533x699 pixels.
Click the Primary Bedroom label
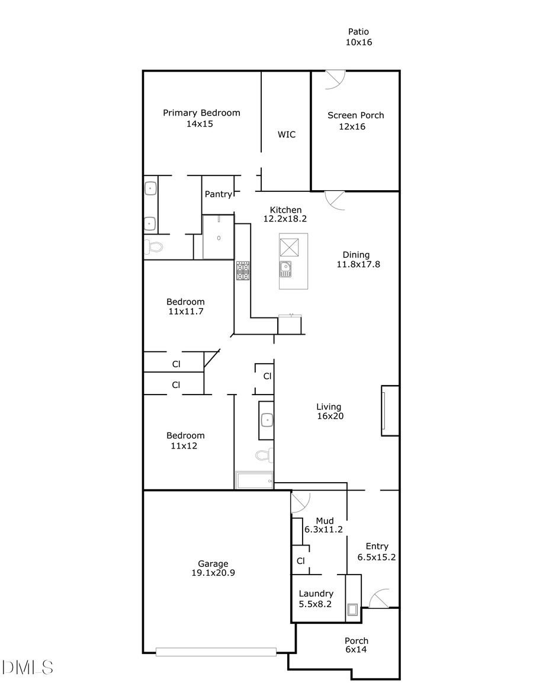click(201, 113)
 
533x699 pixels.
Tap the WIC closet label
click(287, 134)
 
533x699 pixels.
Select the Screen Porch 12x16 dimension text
click(352, 126)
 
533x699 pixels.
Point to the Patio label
click(358, 32)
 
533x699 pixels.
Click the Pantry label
click(218, 194)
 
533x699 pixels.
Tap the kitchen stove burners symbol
click(243, 271)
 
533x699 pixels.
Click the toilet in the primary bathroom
click(152, 247)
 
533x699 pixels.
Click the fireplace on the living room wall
click(390, 411)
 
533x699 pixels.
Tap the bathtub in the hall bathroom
click(254, 480)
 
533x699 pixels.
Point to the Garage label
click(213, 563)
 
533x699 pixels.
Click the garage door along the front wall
click(216, 652)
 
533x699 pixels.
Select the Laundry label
click(316, 594)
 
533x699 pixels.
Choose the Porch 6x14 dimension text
click(357, 649)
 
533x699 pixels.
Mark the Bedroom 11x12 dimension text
click(184, 445)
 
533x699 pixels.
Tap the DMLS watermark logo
click(27, 668)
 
